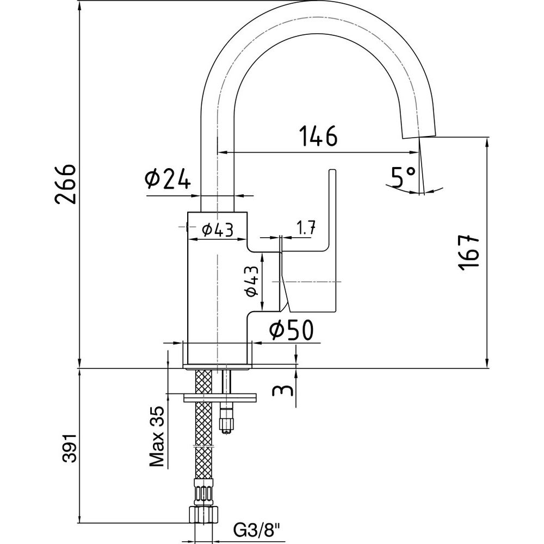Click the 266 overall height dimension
point(66,183)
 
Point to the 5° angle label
point(403,176)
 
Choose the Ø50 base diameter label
point(290,329)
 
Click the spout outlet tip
point(419,133)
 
